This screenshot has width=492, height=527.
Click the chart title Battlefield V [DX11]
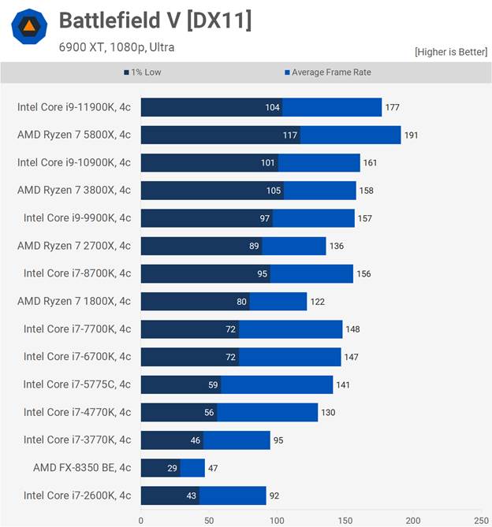point(155,20)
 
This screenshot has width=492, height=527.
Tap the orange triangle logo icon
point(29,28)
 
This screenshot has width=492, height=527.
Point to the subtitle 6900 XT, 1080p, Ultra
point(117,47)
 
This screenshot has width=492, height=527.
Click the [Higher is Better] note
point(450,52)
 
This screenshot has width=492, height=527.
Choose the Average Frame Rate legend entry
point(327,72)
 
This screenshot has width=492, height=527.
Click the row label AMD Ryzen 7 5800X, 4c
point(74,135)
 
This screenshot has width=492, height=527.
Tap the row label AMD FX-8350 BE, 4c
point(82,467)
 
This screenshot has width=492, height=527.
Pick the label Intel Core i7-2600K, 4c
point(77,495)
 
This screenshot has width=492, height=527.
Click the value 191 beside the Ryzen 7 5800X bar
point(411,135)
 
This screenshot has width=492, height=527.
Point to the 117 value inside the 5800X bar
point(290,135)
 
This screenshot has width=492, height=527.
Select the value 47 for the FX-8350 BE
point(214,468)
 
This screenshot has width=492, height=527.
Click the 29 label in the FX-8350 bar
point(173,468)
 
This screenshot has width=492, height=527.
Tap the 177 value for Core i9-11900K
point(392,108)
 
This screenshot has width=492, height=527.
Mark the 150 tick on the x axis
point(345,520)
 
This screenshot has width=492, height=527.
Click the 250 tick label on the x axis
point(481,520)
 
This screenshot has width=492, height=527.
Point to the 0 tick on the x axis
point(141,520)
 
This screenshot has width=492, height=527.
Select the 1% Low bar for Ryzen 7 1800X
point(195,301)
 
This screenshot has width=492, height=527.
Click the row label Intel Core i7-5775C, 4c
point(77,384)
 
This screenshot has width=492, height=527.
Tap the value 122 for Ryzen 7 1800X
point(317,302)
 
